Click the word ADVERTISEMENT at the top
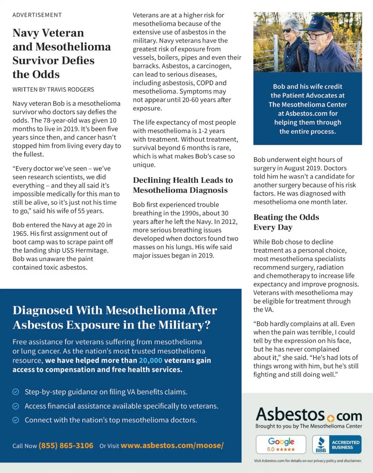(37, 15)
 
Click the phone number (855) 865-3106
(66, 446)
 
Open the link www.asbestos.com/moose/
(172, 445)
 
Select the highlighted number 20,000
(150, 360)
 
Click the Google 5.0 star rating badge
(281, 445)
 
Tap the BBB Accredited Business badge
(337, 445)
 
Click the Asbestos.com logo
(309, 415)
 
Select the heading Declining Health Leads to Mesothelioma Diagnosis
(183, 185)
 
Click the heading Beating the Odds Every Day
(286, 222)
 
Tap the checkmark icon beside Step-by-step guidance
(16, 392)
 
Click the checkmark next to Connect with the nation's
(16, 420)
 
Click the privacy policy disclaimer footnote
(308, 461)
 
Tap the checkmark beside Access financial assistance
(16, 406)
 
